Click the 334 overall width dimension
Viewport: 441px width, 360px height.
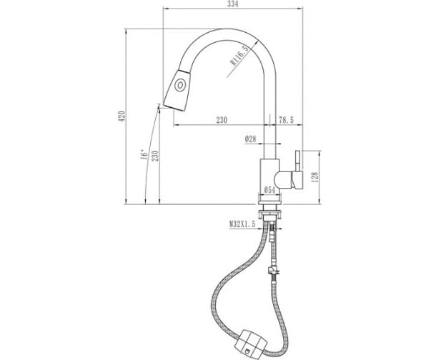233,4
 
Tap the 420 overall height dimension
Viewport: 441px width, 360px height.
122,116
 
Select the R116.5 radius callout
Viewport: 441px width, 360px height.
239,56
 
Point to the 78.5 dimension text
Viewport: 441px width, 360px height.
286,120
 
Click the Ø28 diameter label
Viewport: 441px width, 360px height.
251,139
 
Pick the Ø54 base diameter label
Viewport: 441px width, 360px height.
269,190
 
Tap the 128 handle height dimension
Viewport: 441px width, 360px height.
314,177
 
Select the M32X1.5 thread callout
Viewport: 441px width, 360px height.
242,224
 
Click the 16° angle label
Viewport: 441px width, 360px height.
144,154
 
